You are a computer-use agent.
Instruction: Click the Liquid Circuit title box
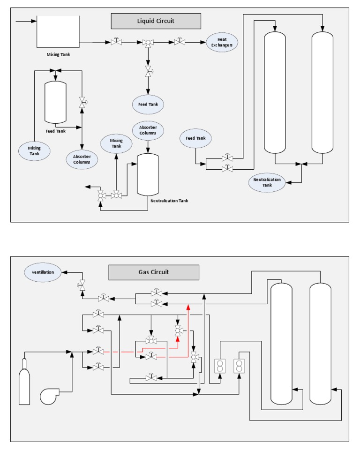point(156,21)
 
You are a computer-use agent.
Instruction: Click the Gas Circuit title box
point(154,272)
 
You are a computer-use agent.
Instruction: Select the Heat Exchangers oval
point(222,42)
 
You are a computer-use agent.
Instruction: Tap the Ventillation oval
point(43,272)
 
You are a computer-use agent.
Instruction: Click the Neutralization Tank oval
point(267,182)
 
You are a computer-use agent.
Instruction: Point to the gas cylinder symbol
point(24,382)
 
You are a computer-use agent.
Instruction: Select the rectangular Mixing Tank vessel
point(58,32)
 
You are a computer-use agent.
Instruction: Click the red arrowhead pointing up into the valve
point(178,338)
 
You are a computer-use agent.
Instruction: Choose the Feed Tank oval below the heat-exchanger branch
point(148,105)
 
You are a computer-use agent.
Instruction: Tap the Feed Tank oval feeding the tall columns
point(195,138)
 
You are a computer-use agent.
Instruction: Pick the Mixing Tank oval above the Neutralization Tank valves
point(116,143)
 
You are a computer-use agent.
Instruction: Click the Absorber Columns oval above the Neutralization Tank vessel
point(148,130)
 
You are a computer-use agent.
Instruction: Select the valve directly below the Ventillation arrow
point(82,284)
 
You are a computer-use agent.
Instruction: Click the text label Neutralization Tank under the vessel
point(169,201)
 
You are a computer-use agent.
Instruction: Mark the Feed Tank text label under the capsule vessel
point(55,131)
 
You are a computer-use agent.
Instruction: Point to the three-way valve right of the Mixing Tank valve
point(148,43)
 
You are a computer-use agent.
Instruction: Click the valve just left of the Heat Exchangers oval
point(180,42)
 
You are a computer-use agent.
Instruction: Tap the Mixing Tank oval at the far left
point(34,151)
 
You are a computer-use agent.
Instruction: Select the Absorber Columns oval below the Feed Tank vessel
point(82,159)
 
